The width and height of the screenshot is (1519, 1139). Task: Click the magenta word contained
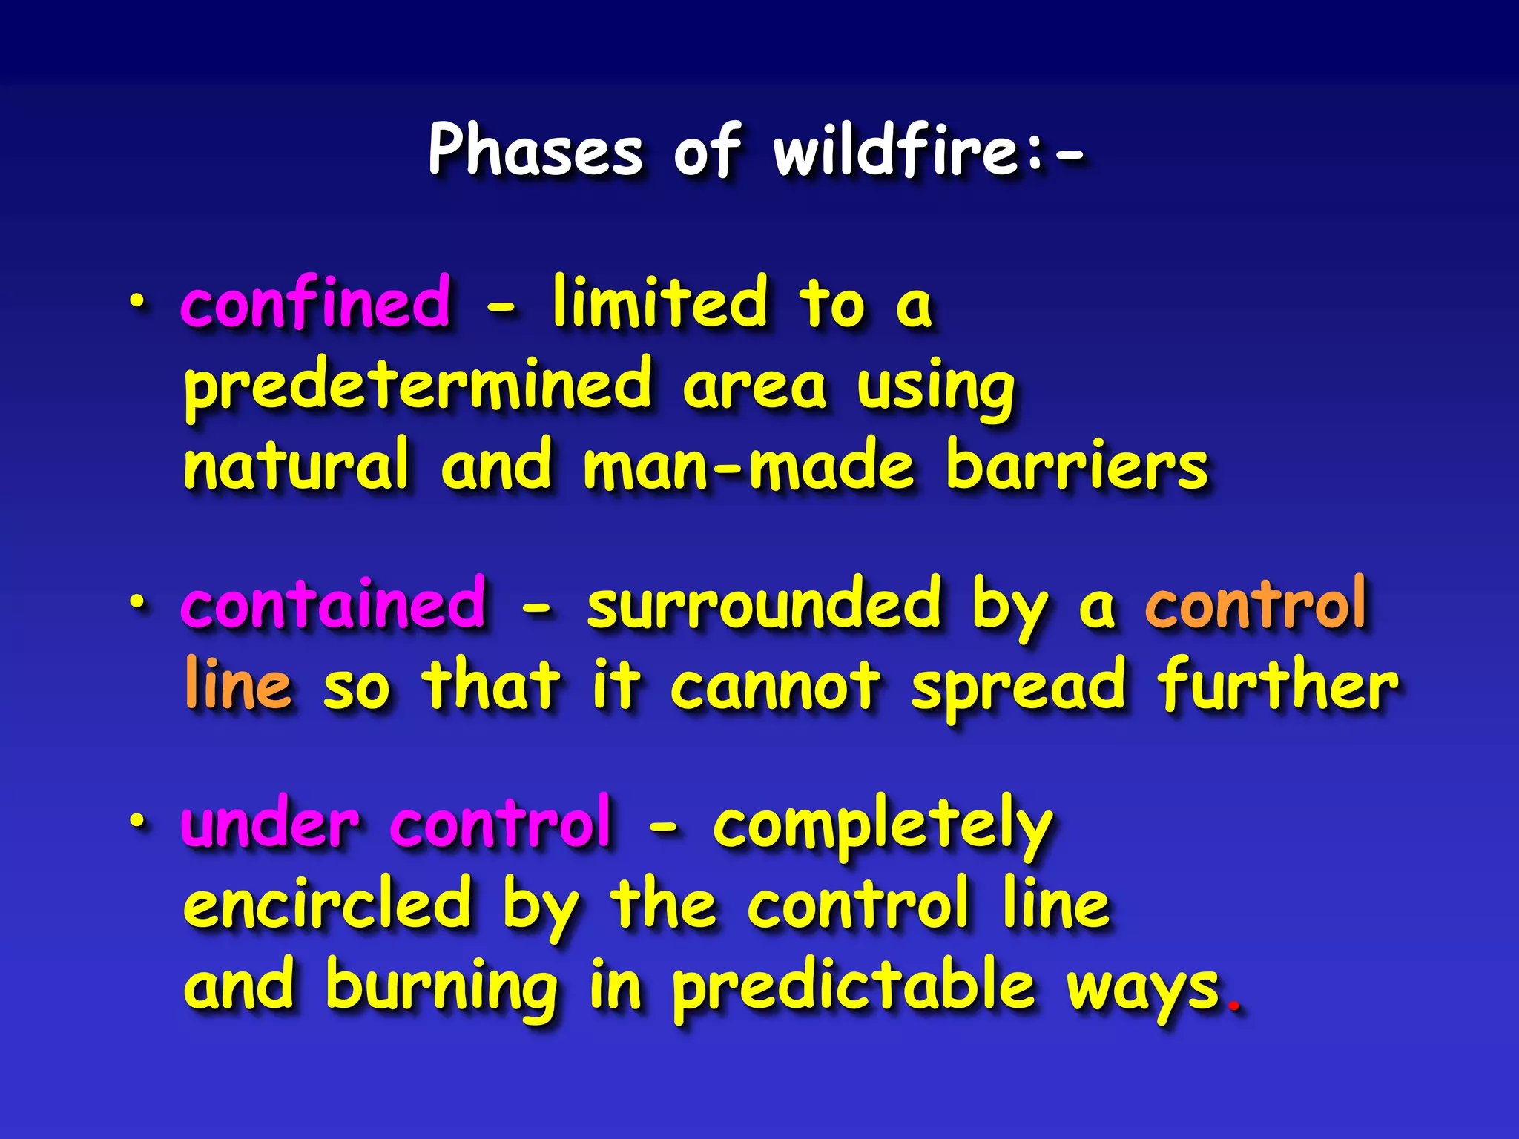(334, 605)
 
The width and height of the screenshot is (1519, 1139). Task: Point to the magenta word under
(270, 824)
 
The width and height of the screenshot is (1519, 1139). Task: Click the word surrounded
(764, 605)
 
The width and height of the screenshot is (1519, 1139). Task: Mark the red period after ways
(1233, 1006)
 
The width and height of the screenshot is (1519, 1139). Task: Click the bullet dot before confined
(136, 300)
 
